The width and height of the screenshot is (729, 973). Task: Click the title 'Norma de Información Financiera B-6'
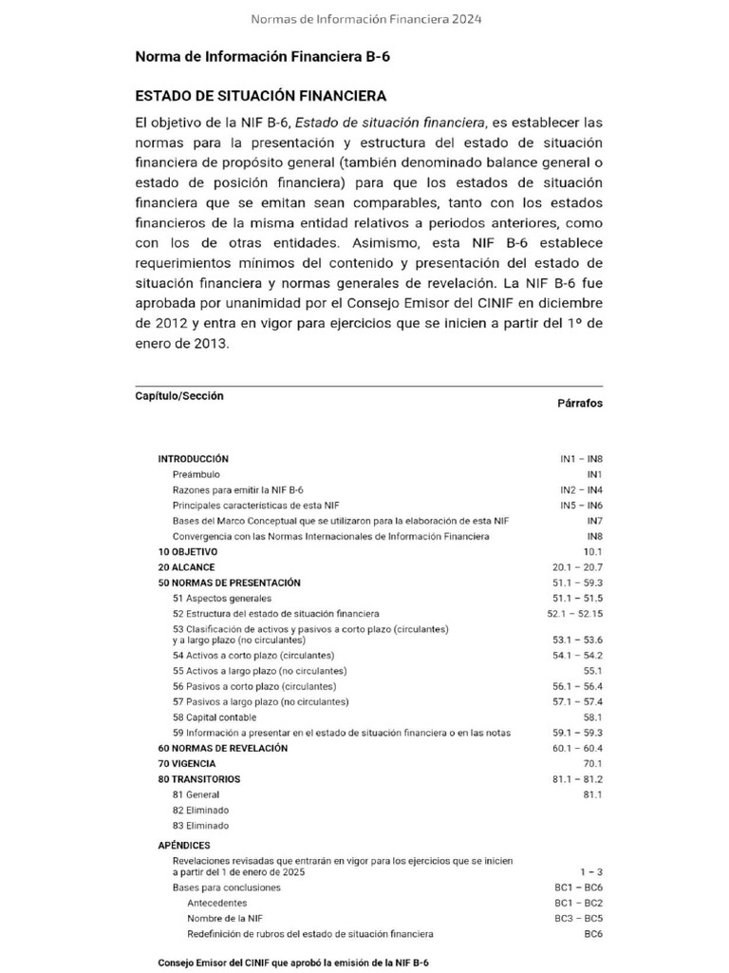(262, 57)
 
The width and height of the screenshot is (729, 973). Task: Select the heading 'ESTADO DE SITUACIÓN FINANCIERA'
(261, 96)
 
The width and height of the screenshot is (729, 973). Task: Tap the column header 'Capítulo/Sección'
(179, 396)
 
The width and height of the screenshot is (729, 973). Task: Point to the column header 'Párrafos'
(579, 403)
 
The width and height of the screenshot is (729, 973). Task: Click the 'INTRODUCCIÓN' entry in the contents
(193, 458)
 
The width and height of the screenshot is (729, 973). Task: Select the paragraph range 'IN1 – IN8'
(581, 458)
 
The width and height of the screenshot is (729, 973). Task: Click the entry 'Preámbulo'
(196, 473)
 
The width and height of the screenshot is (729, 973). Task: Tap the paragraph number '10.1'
(592, 551)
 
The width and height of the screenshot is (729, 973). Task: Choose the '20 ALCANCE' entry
(186, 567)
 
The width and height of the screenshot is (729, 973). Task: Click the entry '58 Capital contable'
(215, 717)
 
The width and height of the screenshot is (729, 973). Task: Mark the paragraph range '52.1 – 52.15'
(574, 614)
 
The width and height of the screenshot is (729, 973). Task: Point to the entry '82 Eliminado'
(200, 810)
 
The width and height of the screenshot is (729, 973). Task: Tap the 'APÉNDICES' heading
(184, 845)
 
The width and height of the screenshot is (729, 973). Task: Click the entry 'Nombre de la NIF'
(225, 919)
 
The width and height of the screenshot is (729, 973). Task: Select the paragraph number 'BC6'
(592, 934)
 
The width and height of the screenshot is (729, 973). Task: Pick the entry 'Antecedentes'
(216, 903)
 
